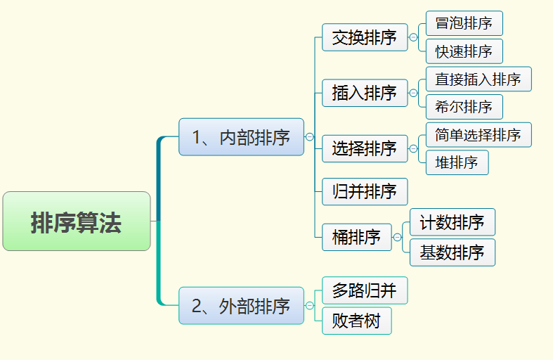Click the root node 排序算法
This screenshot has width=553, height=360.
pyautogui.click(x=77, y=221)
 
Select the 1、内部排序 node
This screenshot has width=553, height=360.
pyautogui.click(x=241, y=136)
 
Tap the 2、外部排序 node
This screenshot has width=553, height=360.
pyautogui.click(x=241, y=306)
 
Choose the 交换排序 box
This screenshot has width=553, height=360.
pyautogui.click(x=365, y=37)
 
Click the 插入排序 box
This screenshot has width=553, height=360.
pyautogui.click(x=365, y=93)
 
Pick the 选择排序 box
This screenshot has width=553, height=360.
pyautogui.click(x=365, y=148)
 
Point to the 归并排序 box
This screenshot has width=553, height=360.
pyautogui.click(x=365, y=191)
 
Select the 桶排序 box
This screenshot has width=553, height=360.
pyautogui.click(x=356, y=237)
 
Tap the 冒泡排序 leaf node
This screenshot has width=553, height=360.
pyautogui.click(x=464, y=23)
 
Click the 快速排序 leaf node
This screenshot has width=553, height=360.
pyautogui.click(x=464, y=51)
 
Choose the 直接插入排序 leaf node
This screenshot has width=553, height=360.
pyautogui.click(x=478, y=79)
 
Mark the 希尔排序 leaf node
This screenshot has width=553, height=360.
pyautogui.click(x=464, y=107)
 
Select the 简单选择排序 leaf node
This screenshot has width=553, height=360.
pyautogui.click(x=478, y=134)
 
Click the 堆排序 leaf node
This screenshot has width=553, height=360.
pyautogui.click(x=457, y=162)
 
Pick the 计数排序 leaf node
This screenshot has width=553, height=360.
pyautogui.click(x=453, y=223)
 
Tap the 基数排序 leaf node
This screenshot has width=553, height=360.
pyautogui.click(x=453, y=252)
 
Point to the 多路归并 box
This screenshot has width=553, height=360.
pyautogui.click(x=365, y=290)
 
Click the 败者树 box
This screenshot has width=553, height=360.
pyautogui.click(x=356, y=321)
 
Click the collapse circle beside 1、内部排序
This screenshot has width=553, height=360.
pyautogui.click(x=310, y=137)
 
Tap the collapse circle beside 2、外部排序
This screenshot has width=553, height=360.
pyautogui.click(x=310, y=306)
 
